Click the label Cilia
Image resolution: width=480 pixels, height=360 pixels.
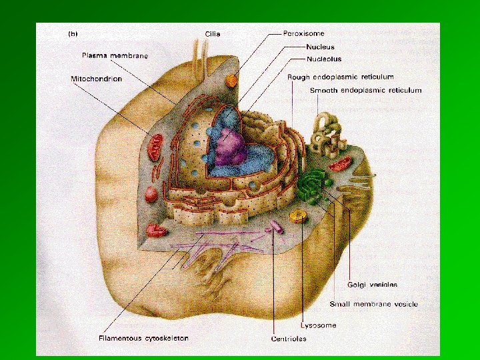tap(213, 34)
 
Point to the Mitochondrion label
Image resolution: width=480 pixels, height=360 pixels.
tap(97, 79)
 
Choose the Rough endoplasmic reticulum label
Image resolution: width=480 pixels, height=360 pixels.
tap(340, 77)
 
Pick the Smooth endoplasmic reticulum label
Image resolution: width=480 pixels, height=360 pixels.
tap(365, 90)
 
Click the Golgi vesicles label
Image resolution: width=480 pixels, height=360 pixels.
tap(372, 284)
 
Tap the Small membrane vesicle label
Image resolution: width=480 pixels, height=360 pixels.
tap(373, 304)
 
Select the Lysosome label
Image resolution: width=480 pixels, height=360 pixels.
tap(319, 325)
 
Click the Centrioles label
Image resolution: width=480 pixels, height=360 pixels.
tap(289, 339)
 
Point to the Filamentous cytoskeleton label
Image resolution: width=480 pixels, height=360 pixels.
tap(138, 338)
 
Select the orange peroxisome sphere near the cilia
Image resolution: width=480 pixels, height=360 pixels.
tap(231, 81)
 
